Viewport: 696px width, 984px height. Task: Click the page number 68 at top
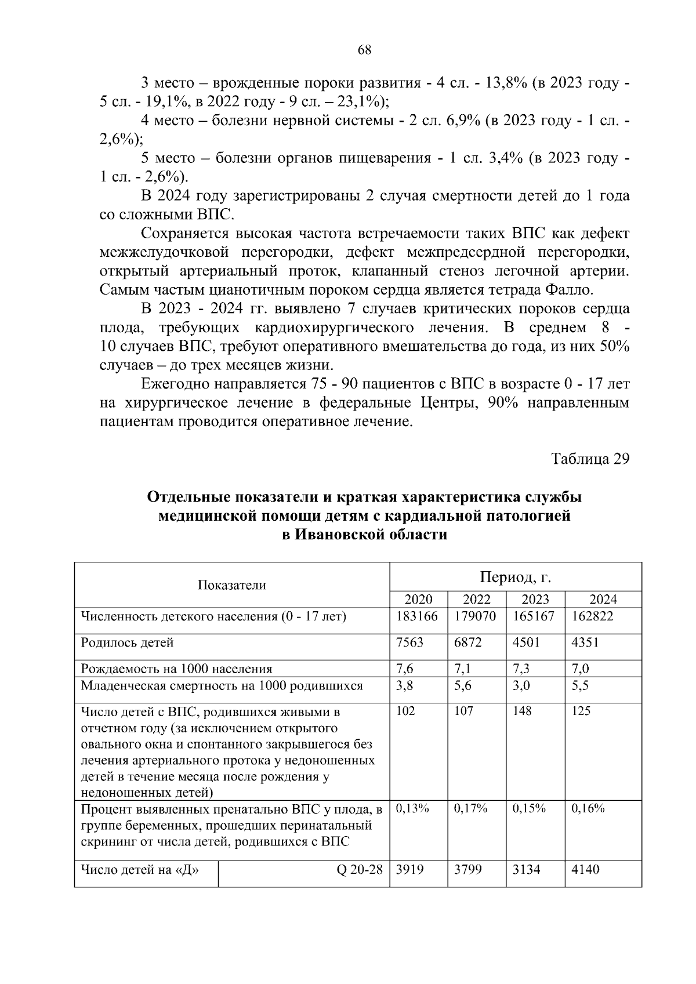[x=364, y=49]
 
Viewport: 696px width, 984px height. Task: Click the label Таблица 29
[x=590, y=458]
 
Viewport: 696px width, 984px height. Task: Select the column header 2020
[x=418, y=600]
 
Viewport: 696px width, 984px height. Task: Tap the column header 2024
[x=603, y=600]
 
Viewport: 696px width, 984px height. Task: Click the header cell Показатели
[x=232, y=585]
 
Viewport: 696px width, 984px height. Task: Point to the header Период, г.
[x=515, y=578]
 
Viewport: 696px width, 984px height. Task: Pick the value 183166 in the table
[x=416, y=616]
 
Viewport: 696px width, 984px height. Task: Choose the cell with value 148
[x=522, y=711]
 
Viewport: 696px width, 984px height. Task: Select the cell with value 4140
[x=585, y=869]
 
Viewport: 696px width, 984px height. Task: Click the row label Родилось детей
[x=127, y=642]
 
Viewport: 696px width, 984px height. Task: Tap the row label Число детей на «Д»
[x=140, y=869]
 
